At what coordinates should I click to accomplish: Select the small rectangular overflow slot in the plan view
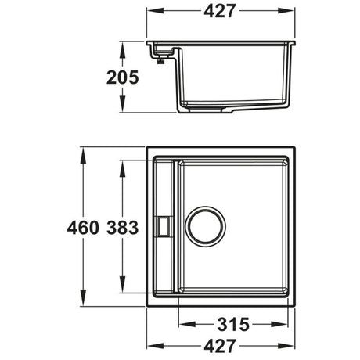coord(164,226)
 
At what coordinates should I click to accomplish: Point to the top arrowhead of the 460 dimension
coord(85,148)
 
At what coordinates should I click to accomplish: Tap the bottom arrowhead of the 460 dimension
coord(85,304)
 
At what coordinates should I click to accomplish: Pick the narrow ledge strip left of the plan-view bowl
coord(164,196)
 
